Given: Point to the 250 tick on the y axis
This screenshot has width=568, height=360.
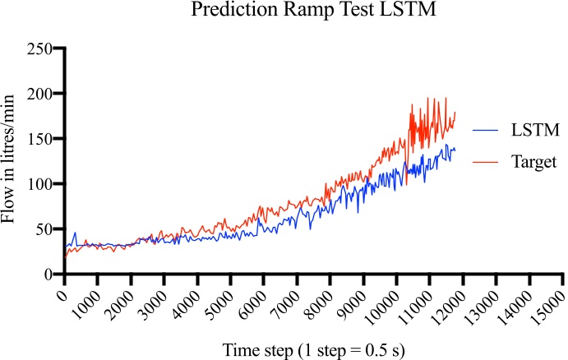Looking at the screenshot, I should [39, 49].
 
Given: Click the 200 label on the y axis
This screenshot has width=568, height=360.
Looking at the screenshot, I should [39, 95].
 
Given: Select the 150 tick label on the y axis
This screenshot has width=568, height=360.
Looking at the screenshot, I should [39, 139].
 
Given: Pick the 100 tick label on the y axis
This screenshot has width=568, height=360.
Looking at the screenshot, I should [39, 184].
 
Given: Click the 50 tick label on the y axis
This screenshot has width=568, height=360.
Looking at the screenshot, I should [43, 229].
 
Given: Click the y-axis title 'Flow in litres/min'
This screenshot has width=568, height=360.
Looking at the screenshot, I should [12, 161].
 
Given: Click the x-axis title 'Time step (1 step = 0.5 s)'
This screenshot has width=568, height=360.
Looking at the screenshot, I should [313, 348].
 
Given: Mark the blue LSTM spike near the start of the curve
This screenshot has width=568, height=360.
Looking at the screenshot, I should [76, 234].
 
